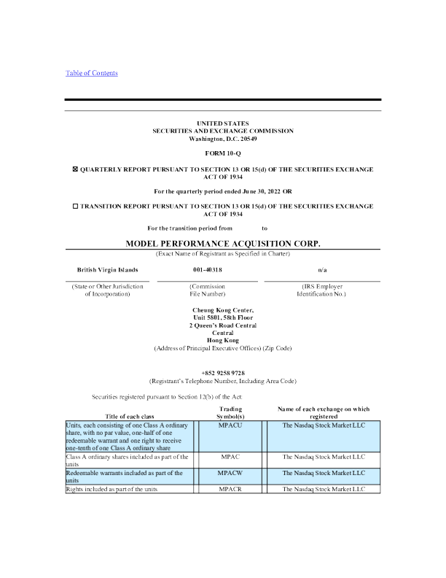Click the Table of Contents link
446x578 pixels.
coord(92,73)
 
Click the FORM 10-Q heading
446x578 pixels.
coord(223,155)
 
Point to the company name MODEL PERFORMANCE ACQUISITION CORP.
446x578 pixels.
coord(223,242)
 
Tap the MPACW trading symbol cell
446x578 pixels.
coord(230,473)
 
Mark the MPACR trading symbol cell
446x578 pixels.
coord(230,489)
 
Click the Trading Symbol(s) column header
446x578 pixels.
coord(230,413)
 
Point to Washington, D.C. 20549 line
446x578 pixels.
coord(223,138)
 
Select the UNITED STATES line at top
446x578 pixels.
coord(223,123)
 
